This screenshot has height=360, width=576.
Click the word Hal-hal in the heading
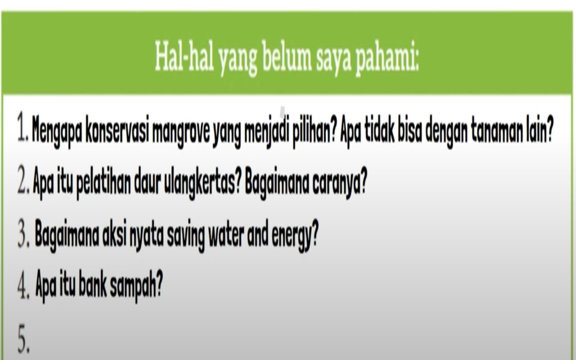tap(184, 57)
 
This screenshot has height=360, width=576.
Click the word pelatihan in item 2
tap(103, 183)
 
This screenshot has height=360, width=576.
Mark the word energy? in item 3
tap(295, 235)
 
